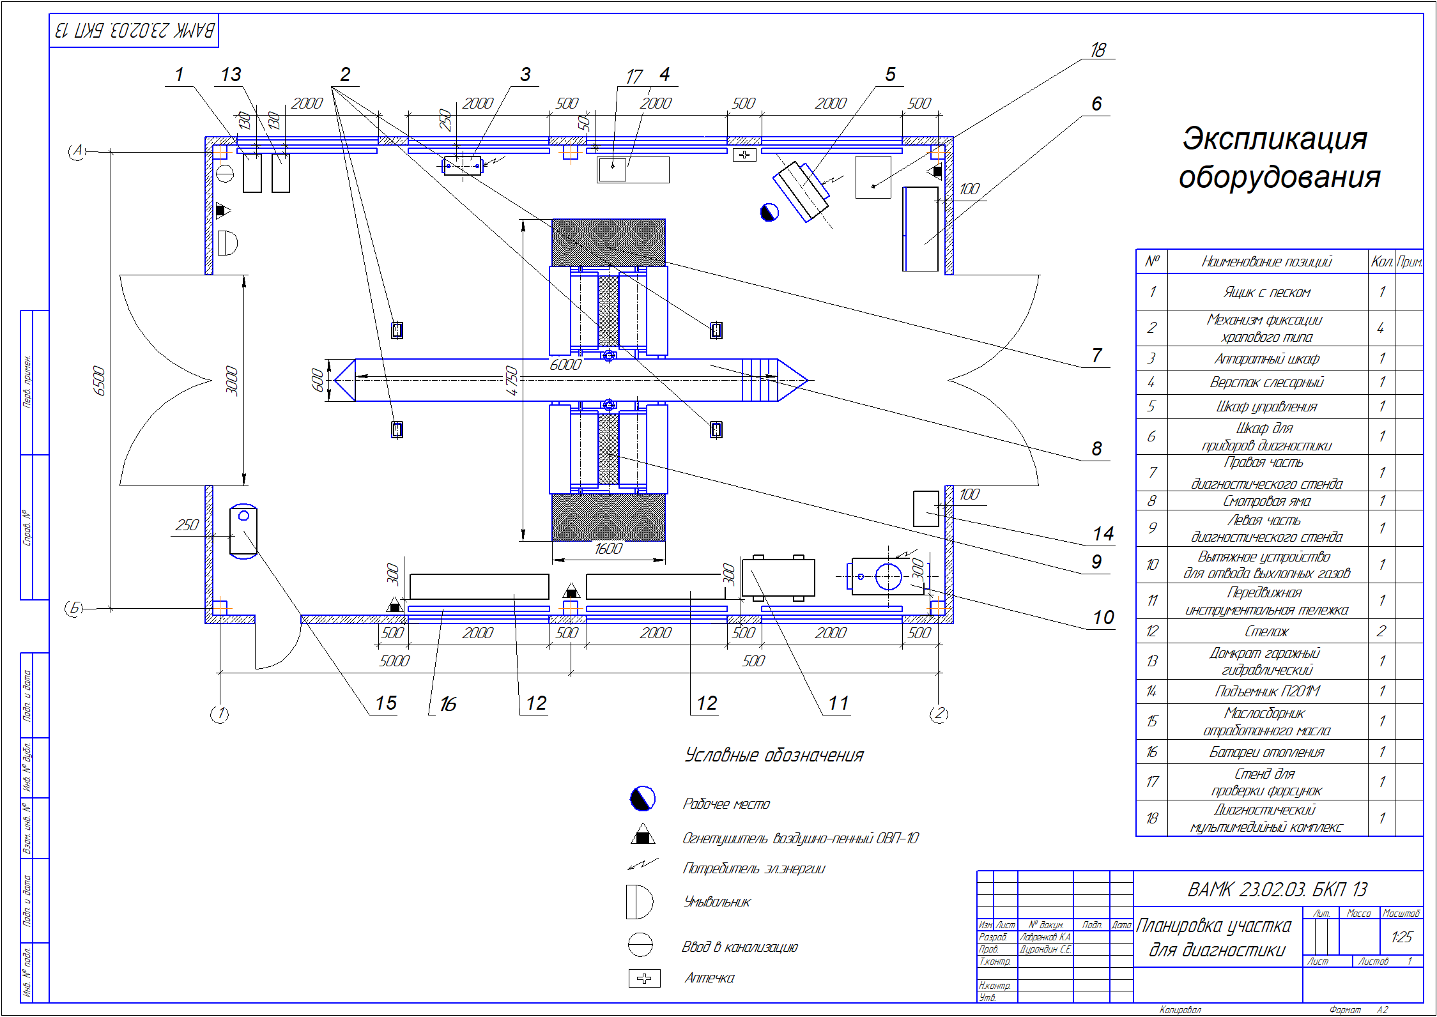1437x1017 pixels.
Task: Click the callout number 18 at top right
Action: click(x=1098, y=50)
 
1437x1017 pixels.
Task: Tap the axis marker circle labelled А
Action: click(x=77, y=151)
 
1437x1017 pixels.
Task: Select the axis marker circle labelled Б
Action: click(x=75, y=608)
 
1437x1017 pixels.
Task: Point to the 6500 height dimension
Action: click(x=99, y=380)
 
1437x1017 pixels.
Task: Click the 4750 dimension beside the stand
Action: click(x=511, y=380)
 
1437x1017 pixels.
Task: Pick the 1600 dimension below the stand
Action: click(x=608, y=549)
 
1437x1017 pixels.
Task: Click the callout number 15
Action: click(x=386, y=703)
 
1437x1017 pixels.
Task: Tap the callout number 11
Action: click(x=838, y=703)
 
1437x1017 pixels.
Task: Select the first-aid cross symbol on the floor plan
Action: click(x=744, y=155)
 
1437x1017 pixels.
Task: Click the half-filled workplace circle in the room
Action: click(x=769, y=212)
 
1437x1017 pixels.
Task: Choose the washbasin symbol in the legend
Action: click(x=639, y=901)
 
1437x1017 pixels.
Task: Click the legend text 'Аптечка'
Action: click(x=709, y=978)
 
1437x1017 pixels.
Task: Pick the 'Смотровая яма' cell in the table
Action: click(x=1266, y=501)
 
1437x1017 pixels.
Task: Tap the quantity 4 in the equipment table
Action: click(x=1381, y=328)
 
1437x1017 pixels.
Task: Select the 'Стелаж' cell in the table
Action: click(x=1266, y=631)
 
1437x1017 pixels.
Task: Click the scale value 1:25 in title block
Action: click(x=1401, y=937)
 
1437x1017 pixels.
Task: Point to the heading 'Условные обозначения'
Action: click(x=774, y=756)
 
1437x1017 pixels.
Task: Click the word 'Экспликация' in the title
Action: click(x=1275, y=139)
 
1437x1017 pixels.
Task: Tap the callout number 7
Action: click(x=1096, y=355)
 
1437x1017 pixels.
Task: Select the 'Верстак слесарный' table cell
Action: click(x=1266, y=382)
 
